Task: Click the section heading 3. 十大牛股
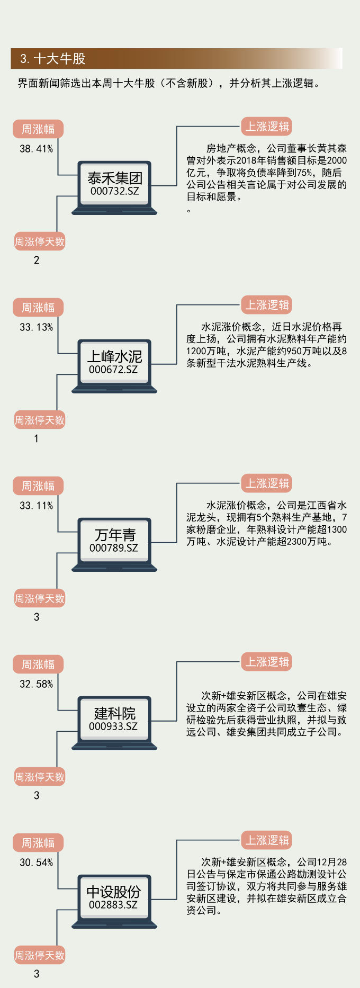(x=52, y=59)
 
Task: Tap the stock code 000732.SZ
(x=114, y=191)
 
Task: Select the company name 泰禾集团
(x=114, y=178)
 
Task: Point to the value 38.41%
(x=36, y=149)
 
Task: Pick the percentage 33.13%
(x=36, y=327)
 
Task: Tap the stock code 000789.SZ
(x=114, y=548)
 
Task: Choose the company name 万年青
(x=114, y=535)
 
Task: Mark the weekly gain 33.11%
(x=36, y=506)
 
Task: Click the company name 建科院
(x=114, y=713)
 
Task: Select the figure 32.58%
(x=36, y=684)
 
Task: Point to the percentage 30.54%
(x=36, y=863)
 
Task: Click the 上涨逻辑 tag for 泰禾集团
(x=267, y=127)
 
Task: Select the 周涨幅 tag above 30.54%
(x=38, y=843)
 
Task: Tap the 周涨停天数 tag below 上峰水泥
(x=40, y=420)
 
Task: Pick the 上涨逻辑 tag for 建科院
(x=267, y=662)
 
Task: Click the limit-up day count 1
(x=36, y=438)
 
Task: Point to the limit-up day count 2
(x=36, y=260)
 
